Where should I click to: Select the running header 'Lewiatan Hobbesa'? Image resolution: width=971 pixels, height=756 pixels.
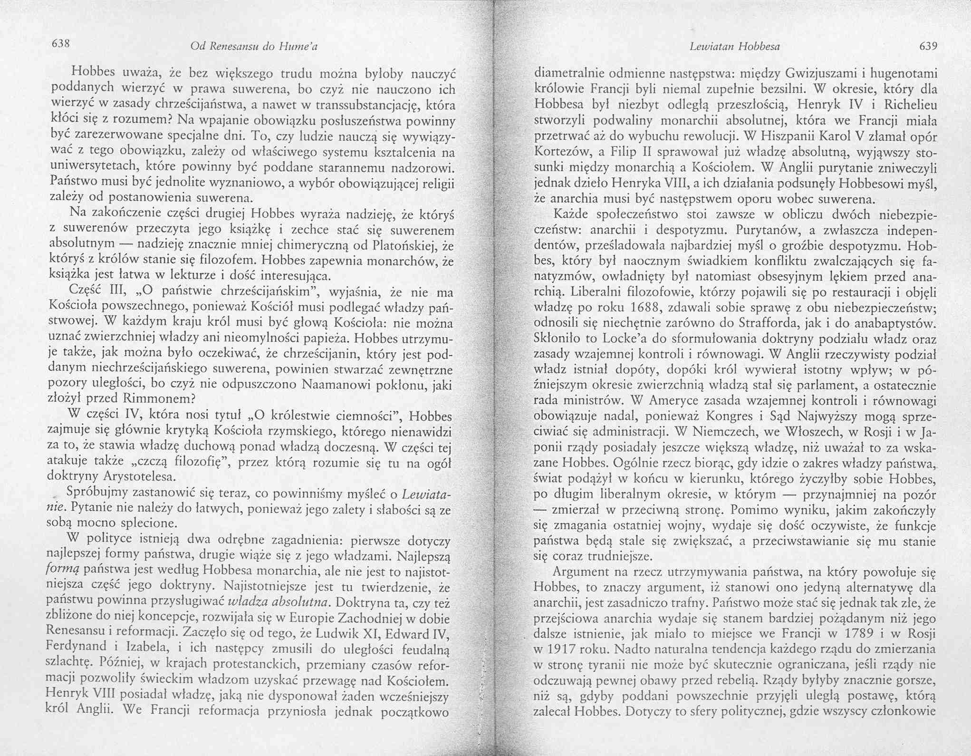click(734, 46)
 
